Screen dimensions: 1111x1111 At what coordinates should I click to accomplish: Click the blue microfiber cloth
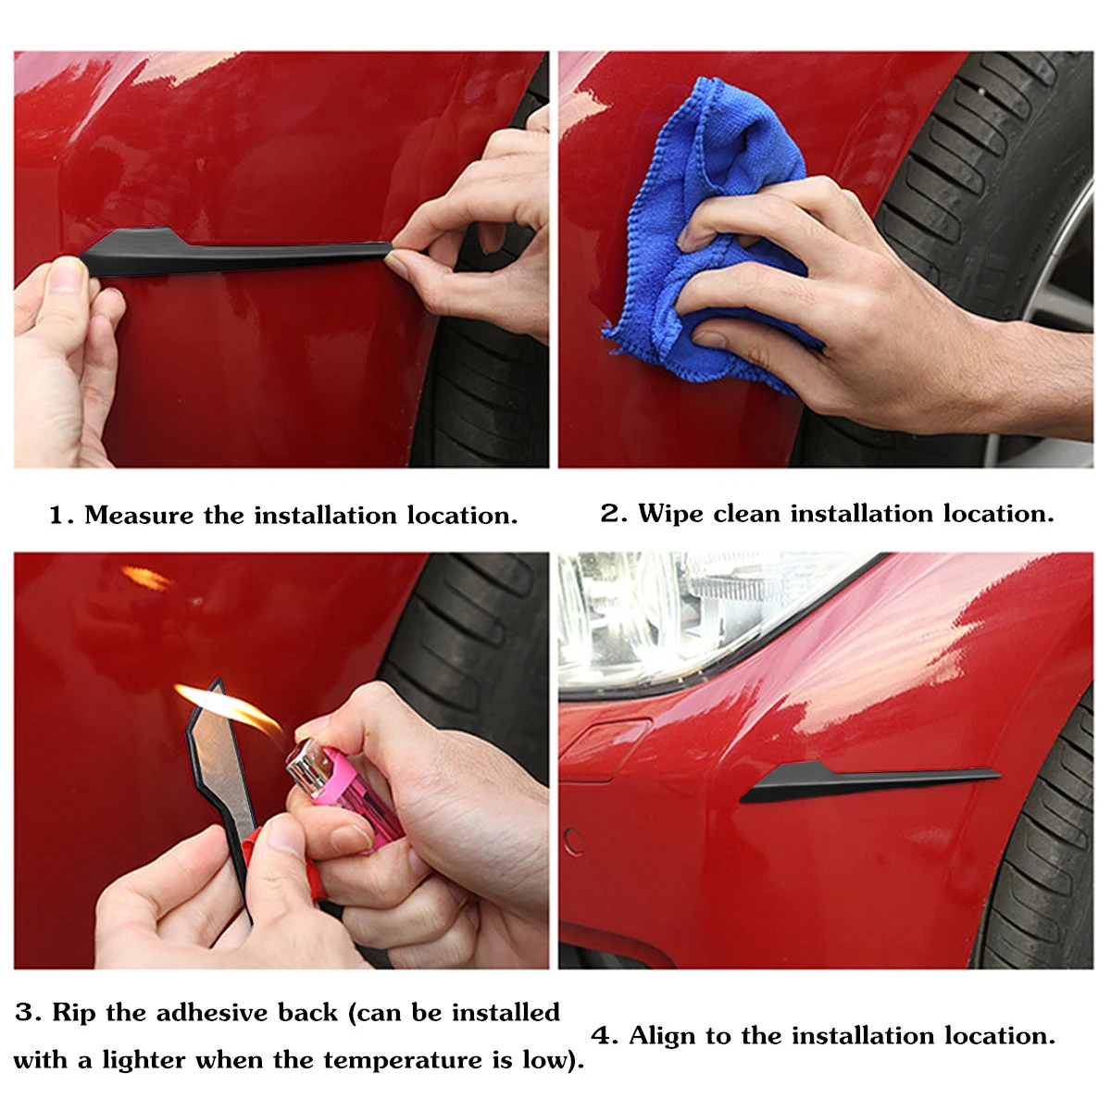(x=709, y=231)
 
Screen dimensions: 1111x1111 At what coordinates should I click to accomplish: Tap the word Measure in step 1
(x=139, y=515)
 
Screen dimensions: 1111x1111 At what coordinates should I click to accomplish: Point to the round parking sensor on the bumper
(x=574, y=843)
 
